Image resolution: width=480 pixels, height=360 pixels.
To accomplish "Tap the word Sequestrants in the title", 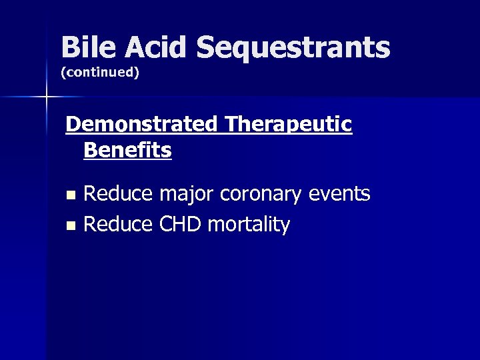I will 293,48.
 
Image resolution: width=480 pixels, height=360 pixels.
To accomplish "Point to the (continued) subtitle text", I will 99,73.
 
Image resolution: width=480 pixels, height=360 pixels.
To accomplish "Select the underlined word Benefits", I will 127,150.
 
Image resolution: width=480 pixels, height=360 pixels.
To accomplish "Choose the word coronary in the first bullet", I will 262,194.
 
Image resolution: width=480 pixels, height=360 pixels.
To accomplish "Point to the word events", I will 340,194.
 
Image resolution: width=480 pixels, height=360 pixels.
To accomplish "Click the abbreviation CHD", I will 179,225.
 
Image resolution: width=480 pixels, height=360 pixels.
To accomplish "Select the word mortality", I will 249,225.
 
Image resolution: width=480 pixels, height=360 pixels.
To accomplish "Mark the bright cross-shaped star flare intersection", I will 46,97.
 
